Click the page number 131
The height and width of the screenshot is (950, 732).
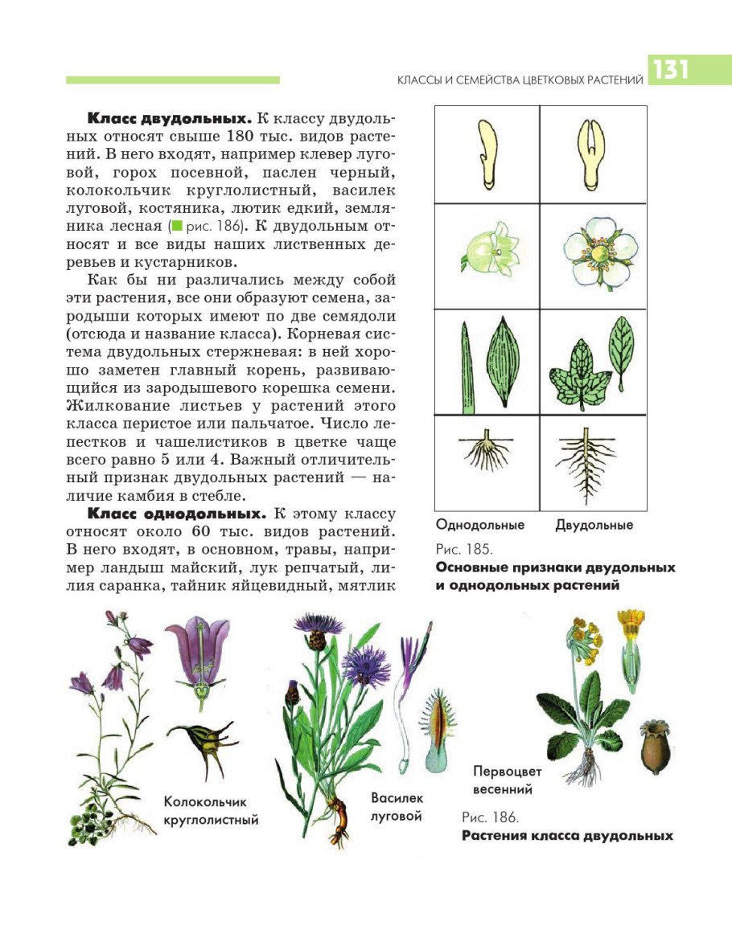(x=670, y=71)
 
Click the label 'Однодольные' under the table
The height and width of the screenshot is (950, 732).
(x=479, y=525)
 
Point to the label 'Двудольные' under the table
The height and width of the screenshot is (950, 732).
(x=594, y=525)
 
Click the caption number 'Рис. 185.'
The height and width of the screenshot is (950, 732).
(x=464, y=550)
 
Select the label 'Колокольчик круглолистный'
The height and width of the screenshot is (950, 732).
(x=211, y=811)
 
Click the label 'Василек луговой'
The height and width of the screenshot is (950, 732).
(x=397, y=807)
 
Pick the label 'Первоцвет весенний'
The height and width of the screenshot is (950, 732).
(x=508, y=779)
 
